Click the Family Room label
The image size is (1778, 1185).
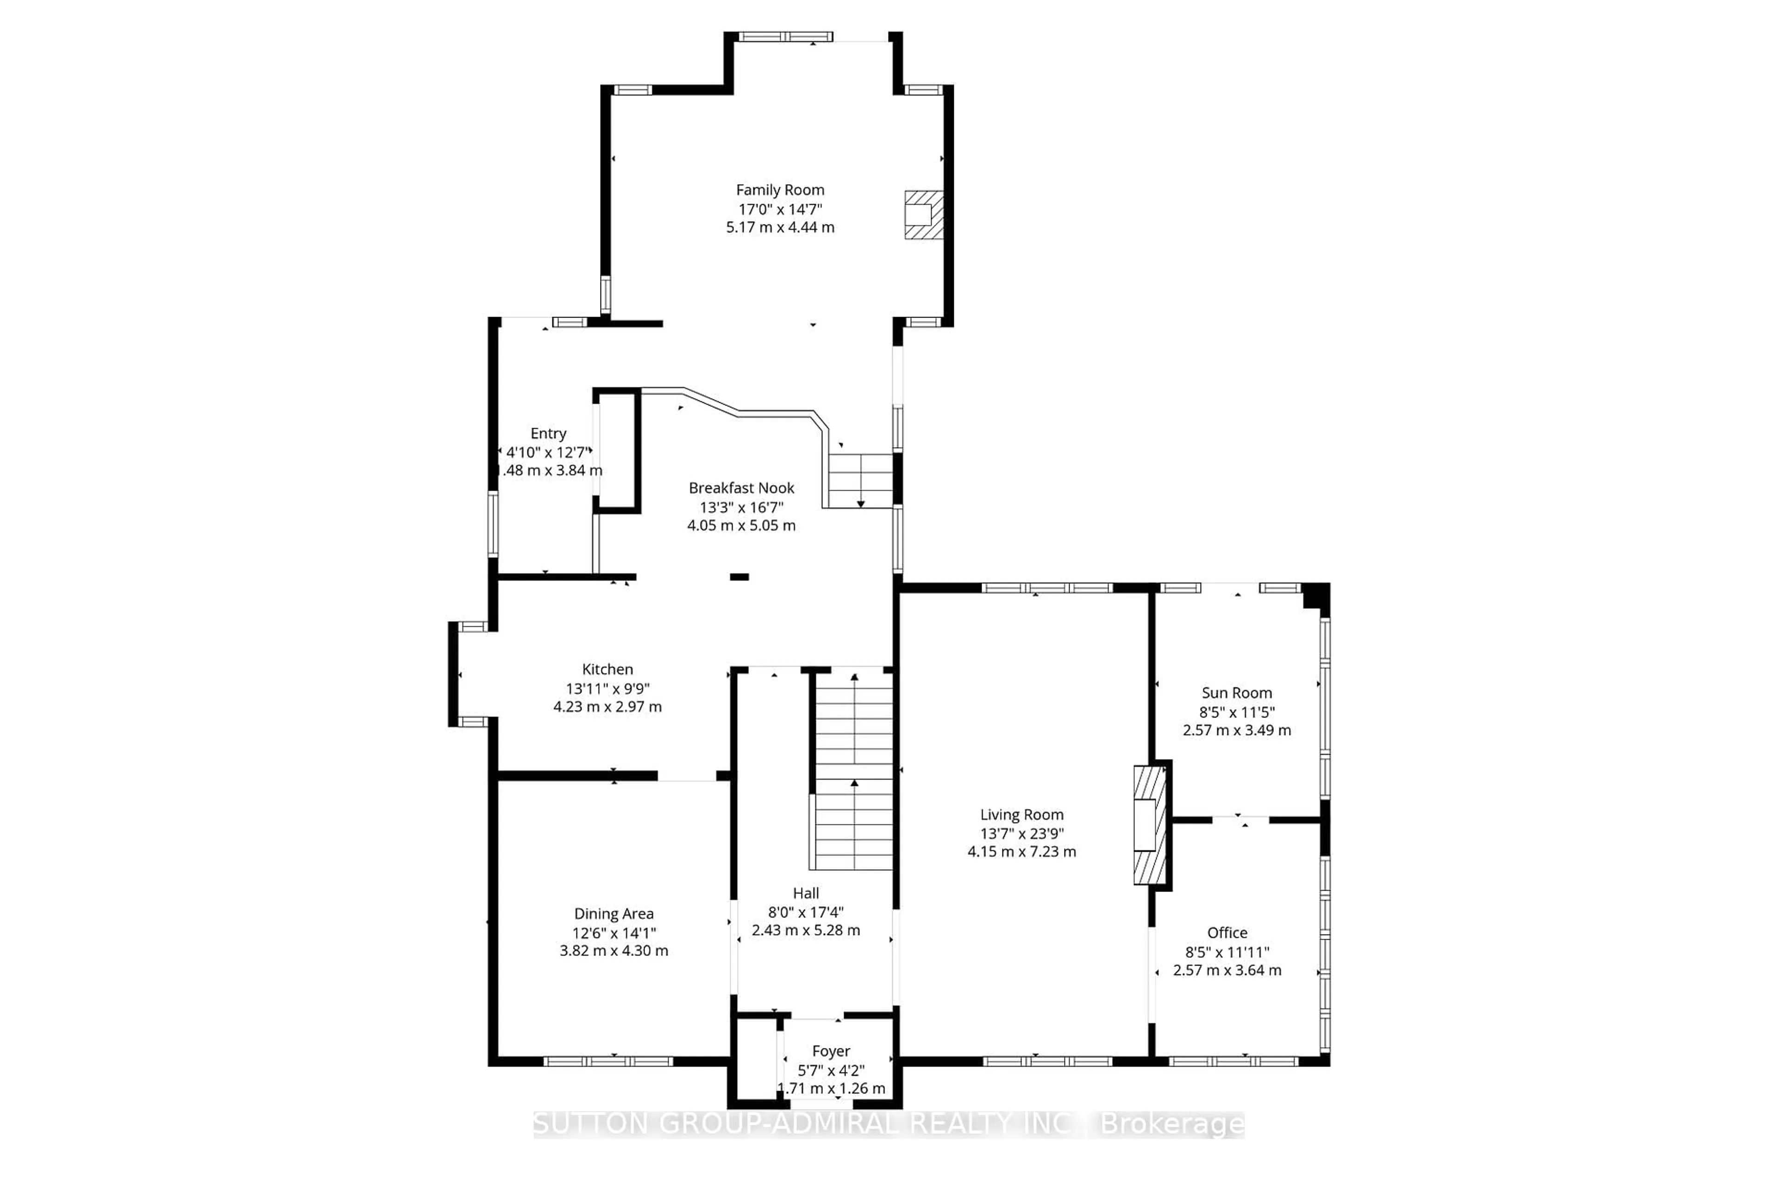point(780,190)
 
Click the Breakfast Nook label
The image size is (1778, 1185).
point(741,488)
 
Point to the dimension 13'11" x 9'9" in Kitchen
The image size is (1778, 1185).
point(607,688)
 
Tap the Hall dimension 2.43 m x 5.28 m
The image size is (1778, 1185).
point(805,930)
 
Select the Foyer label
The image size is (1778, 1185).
point(831,1051)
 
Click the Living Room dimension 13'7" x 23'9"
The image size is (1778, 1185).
point(1021,834)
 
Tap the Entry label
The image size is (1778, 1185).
point(548,434)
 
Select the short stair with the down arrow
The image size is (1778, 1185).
point(860,480)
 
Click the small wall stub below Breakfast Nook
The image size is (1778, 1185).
point(739,577)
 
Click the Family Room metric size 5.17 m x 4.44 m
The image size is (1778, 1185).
point(780,227)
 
